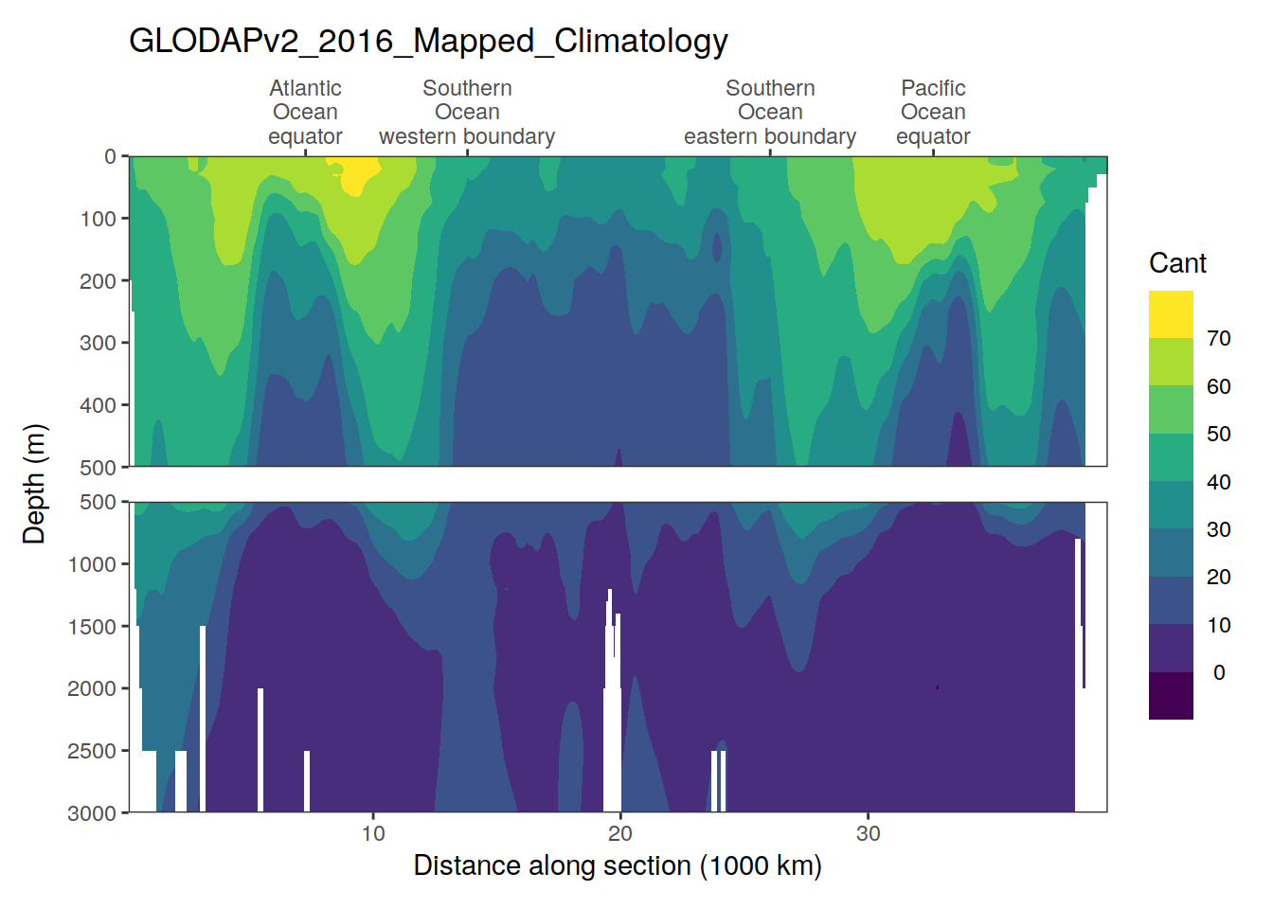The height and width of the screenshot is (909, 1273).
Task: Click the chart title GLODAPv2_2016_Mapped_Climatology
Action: click(428, 41)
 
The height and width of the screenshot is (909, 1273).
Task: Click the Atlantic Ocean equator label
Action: click(305, 112)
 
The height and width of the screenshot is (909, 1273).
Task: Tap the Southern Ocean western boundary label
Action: click(467, 112)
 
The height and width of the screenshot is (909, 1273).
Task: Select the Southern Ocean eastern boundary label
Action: click(770, 112)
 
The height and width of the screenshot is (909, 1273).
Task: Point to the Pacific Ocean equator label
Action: click(933, 112)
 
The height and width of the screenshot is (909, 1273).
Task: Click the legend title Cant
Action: click(1177, 263)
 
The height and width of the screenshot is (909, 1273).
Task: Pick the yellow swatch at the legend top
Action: click(1171, 314)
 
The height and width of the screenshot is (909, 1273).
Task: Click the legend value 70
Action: click(1219, 339)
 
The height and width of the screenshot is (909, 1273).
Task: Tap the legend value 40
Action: click(1219, 482)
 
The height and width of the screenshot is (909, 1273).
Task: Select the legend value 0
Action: click(1219, 672)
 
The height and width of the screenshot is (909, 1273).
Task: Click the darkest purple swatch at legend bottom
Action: click(1171, 696)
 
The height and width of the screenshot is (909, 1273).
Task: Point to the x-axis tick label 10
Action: click(373, 833)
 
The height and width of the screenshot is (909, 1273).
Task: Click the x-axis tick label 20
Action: click(620, 833)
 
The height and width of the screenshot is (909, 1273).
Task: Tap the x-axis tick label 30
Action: click(868, 833)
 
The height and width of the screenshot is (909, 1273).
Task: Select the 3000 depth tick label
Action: click(92, 813)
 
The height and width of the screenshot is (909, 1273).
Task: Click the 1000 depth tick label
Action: click(92, 564)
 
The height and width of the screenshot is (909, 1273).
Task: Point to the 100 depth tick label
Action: click(98, 219)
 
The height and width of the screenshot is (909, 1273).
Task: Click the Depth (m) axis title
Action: click(34, 484)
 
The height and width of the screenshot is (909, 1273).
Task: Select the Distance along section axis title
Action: click(618, 865)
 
